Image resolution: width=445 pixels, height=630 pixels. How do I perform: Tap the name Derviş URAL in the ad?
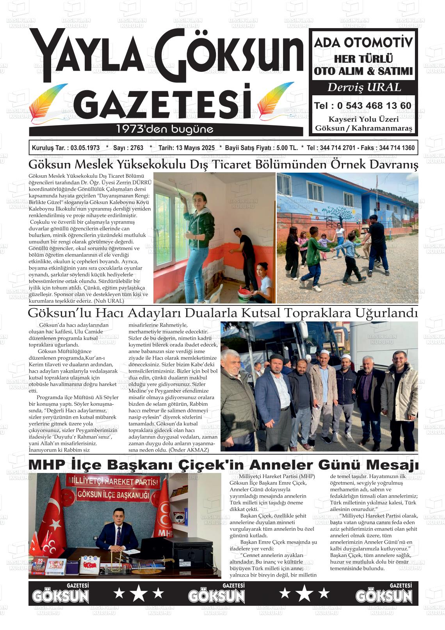pyautogui.click(x=364, y=87)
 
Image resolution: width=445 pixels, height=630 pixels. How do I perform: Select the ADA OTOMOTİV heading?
pyautogui.click(x=363, y=43)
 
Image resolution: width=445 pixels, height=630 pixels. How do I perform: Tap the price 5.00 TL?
pyautogui.click(x=287, y=148)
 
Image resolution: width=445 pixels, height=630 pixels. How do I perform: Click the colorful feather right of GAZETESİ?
pyautogui.click(x=276, y=101)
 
